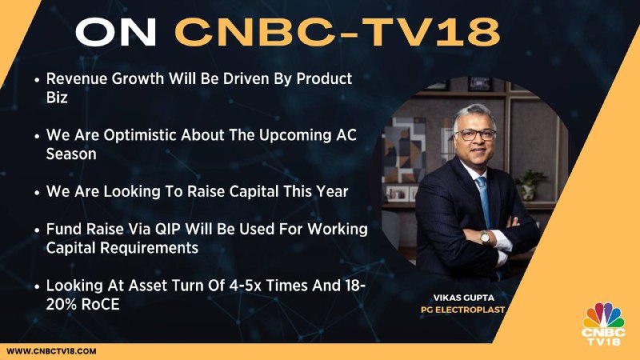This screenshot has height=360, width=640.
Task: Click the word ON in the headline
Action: (115, 32)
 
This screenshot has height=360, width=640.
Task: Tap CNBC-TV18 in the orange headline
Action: (338, 32)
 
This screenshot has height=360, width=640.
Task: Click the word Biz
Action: (57, 98)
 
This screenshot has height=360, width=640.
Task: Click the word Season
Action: (71, 154)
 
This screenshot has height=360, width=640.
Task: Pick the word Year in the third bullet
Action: (333, 191)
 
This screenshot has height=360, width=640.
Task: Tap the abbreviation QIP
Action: (168, 230)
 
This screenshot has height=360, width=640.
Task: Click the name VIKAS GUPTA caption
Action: (464, 298)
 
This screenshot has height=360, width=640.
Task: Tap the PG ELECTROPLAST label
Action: (463, 310)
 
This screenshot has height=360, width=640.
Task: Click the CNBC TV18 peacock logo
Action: (604, 324)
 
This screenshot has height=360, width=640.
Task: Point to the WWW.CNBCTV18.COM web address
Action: (51, 351)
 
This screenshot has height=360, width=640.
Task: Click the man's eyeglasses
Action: (475, 134)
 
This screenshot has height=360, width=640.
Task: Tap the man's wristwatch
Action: (485, 237)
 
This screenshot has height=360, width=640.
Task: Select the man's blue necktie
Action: (485, 200)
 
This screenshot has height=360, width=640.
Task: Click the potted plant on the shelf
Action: (530, 185)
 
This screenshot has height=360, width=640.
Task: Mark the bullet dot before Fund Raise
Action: (37, 230)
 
